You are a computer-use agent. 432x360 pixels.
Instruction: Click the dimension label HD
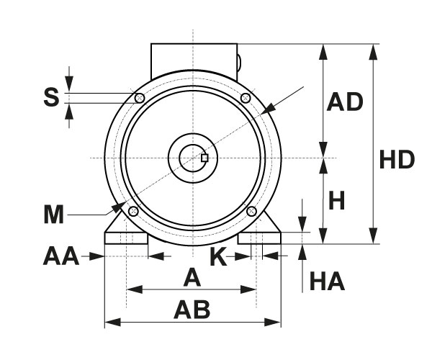pyautogui.click(x=397, y=160)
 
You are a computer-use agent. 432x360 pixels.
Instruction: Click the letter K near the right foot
pyautogui.click(x=219, y=257)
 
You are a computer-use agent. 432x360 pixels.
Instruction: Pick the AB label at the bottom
pyautogui.click(x=192, y=310)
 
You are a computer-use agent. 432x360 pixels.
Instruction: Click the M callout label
pyautogui.click(x=54, y=214)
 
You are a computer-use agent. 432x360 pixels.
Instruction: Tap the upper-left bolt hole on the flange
pyautogui.click(x=140, y=98)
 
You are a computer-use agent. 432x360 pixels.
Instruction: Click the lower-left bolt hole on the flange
pyautogui.click(x=132, y=210)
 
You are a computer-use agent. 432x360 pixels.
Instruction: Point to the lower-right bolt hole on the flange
pyautogui.click(x=252, y=210)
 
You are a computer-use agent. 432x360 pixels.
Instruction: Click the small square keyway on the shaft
pyautogui.click(x=205, y=158)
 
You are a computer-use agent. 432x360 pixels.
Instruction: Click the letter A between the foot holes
pyautogui.click(x=192, y=277)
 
